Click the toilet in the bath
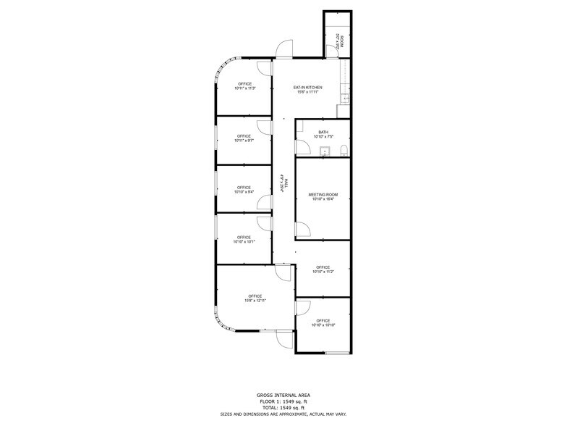point(344,150)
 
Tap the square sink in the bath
point(325,151)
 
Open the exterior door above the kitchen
point(283,51)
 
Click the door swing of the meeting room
point(304,231)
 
